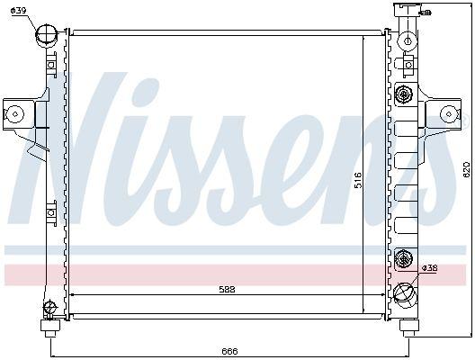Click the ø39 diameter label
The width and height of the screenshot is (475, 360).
pyautogui.click(x=19, y=10)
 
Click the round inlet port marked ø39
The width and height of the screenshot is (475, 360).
pyautogui.click(x=46, y=37)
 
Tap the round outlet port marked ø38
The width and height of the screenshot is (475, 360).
pyautogui.click(x=405, y=292)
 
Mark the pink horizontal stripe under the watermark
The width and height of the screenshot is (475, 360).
pyautogui.click(x=225, y=274)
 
